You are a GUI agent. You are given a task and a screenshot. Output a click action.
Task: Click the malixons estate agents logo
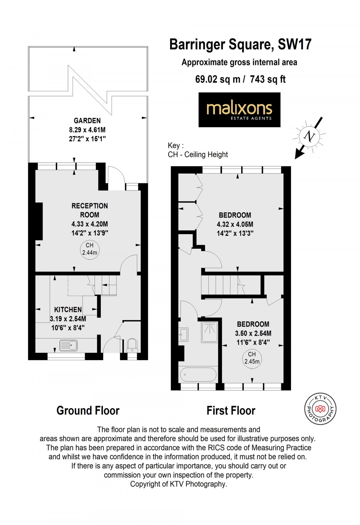pyautogui.click(x=239, y=110)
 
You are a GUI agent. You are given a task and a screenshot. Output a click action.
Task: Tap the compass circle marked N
pyautogui.click(x=309, y=137)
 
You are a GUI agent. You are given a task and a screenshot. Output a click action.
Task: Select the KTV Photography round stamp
pyautogui.click(x=320, y=409)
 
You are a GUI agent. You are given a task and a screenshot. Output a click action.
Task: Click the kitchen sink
pyautogui.click(x=68, y=345)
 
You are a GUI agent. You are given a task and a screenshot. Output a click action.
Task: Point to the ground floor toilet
pyautogui.click(x=132, y=346)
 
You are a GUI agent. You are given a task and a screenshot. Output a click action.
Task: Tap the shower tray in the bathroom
pyautogui.click(x=210, y=332)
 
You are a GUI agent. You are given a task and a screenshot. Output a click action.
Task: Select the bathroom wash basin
pyautogui.click(x=184, y=334)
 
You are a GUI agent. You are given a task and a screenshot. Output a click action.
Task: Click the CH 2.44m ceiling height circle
pyautogui.click(x=90, y=249)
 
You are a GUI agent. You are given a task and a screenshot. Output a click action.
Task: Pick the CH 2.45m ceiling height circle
pyautogui.click(x=252, y=358)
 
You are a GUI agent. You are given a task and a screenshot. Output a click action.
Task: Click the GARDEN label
pyautogui.click(x=87, y=121)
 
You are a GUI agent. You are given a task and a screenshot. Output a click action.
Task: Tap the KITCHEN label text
pyautogui.click(x=68, y=310)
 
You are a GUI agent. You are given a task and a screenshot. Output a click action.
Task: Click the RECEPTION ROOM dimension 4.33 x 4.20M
pyautogui.click(x=90, y=224)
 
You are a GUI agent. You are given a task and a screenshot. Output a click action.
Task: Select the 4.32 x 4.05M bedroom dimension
pyautogui.click(x=235, y=224)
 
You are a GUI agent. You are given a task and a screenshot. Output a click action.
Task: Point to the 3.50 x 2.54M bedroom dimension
pyautogui.click(x=253, y=333)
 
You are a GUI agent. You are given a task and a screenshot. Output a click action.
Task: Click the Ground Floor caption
pyautogui.click(x=88, y=410)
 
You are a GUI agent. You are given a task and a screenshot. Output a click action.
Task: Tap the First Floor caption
pyautogui.click(x=231, y=410)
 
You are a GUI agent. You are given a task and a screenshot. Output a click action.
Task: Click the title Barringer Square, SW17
pyautogui.click(x=241, y=44)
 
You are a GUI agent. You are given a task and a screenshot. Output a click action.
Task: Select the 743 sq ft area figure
pyautogui.click(x=268, y=79)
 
